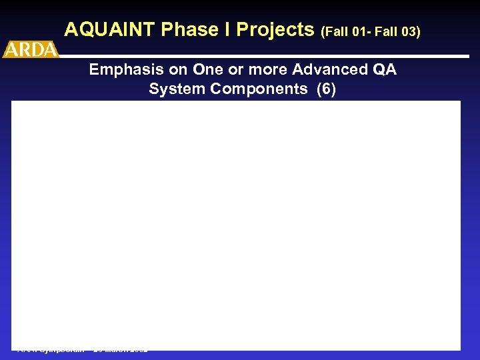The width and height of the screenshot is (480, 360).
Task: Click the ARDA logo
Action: tap(31, 50)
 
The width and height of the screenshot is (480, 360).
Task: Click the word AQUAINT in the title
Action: tap(111, 30)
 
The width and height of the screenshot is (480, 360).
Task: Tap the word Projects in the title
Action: tap(275, 30)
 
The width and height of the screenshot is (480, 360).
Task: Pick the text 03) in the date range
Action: tap(410, 31)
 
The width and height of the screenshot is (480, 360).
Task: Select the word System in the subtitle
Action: tap(174, 89)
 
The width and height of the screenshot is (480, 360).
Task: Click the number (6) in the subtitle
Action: tap(326, 89)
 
